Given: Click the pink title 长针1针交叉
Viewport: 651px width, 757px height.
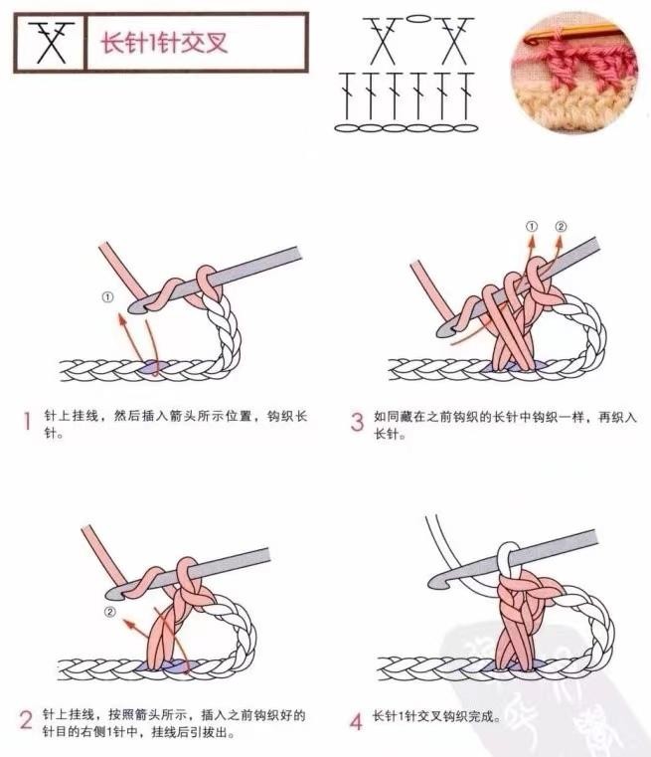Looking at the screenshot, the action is point(164,43).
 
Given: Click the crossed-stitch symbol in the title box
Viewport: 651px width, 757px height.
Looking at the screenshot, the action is point(51,43).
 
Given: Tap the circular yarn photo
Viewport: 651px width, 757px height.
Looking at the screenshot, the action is point(574,73).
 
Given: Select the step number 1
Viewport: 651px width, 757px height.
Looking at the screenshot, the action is point(28,421).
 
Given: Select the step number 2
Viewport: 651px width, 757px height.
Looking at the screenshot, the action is point(26,720).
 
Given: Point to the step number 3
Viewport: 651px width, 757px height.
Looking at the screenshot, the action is point(357,422).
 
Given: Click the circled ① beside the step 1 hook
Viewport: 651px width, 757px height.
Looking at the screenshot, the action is point(107,296).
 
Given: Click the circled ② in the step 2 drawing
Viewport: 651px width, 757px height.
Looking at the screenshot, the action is point(110,612).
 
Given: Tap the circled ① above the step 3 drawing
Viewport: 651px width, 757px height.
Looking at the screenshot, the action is point(532,227).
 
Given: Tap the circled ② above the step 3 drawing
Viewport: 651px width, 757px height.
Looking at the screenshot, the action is point(561,227).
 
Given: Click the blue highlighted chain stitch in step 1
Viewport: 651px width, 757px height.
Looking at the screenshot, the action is point(152,368).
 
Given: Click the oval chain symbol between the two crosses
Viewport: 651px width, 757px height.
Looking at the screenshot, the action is point(417,19).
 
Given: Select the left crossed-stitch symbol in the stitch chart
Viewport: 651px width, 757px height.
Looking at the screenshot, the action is point(383,41).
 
